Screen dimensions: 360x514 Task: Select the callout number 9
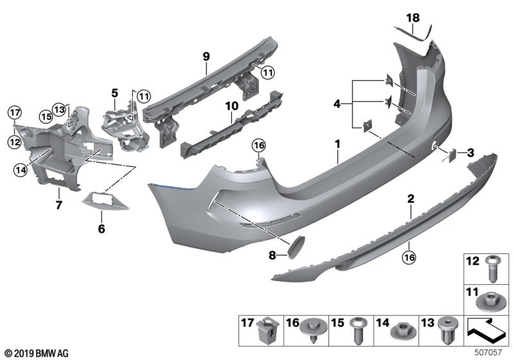coord(206,57)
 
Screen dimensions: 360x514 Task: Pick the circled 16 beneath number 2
coord(409,258)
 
